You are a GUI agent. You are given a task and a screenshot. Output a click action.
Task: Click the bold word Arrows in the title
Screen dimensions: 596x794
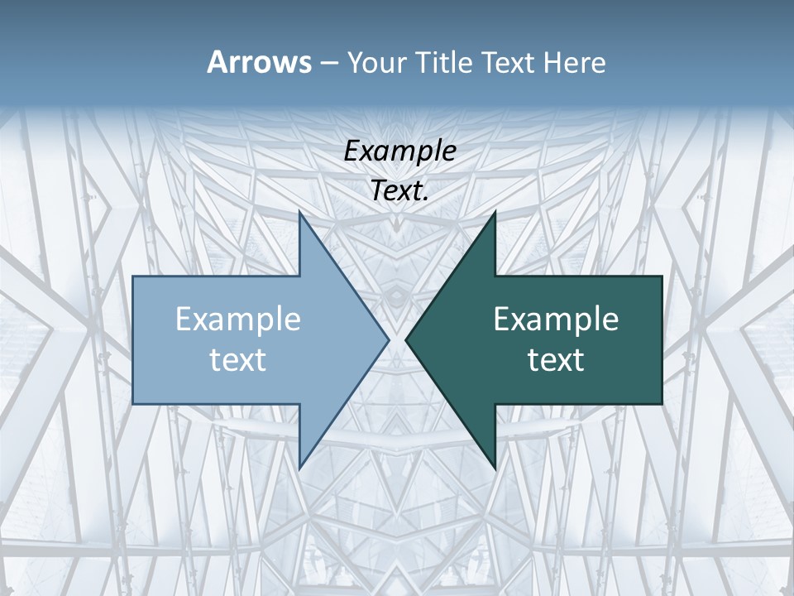point(259,62)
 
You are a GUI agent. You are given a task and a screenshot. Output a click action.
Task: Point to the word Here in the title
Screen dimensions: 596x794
point(575,63)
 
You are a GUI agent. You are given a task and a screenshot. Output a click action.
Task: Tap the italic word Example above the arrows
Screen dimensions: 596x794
point(399,151)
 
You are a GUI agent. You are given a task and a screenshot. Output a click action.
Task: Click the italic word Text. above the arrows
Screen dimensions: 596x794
point(399,190)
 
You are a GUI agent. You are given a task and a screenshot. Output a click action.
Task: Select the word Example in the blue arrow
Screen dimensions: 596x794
point(238,320)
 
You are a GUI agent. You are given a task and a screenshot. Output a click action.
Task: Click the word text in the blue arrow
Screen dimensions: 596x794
point(238,360)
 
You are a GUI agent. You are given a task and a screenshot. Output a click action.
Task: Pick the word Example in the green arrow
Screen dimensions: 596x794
point(556,320)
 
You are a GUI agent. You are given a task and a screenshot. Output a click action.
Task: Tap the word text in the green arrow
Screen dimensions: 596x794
point(556,360)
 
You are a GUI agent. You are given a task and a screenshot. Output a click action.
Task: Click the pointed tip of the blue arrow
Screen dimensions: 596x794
point(389,339)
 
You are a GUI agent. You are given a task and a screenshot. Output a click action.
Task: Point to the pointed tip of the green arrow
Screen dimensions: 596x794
point(405,339)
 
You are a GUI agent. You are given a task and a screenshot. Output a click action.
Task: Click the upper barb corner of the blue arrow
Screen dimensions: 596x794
point(299,212)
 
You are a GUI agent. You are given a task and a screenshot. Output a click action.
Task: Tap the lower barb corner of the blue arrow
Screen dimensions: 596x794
point(299,468)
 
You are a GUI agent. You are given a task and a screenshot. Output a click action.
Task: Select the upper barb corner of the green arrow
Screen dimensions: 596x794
point(495,212)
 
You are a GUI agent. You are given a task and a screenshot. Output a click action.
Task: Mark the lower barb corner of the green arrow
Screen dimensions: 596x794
point(495,468)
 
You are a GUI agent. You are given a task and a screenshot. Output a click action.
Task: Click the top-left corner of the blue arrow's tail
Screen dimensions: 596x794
point(133,276)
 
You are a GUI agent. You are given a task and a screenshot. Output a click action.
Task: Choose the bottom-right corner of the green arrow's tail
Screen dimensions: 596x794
point(662,404)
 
